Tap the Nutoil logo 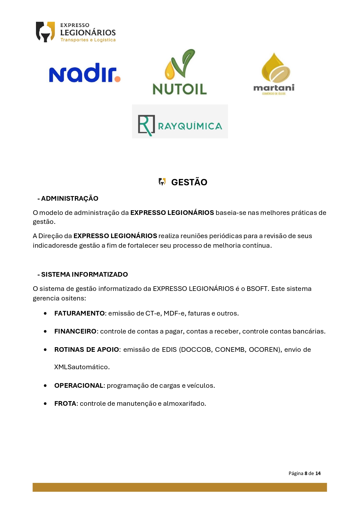click(180, 73)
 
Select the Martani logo click(274, 74)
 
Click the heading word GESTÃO click(189, 182)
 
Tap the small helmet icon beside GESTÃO click(162, 182)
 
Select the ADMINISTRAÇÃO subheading click(70, 198)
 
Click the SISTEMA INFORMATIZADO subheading click(84, 274)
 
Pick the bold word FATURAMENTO click(79, 313)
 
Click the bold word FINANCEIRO click(75, 331)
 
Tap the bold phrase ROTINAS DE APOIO click(86, 349)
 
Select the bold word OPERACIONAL click(79, 385)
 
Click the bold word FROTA click(65, 403)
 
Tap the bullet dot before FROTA click(45, 403)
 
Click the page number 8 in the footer click(306, 473)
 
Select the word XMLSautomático click(82, 367)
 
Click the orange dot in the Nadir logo click(117, 79)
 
